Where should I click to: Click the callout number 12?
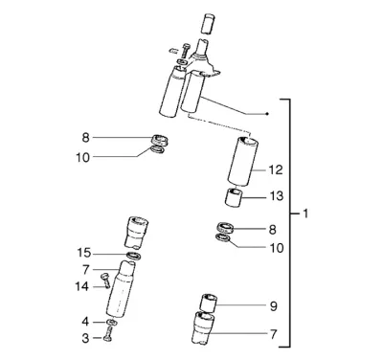276,169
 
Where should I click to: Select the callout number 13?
277,196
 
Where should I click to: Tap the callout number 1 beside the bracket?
305,214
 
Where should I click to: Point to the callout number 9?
274,306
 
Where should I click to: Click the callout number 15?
84,253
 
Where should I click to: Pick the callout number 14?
81,286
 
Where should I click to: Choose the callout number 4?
85,322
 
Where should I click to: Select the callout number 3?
85,338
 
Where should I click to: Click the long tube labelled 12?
243,161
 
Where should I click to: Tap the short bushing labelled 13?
234,198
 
